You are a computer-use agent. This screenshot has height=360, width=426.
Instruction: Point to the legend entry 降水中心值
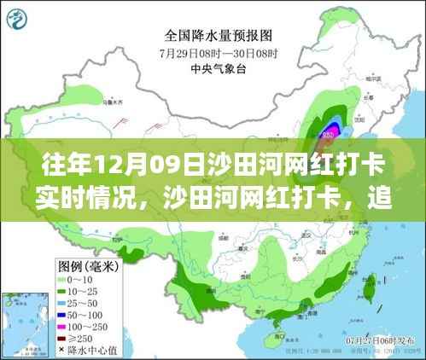[82, 349]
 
